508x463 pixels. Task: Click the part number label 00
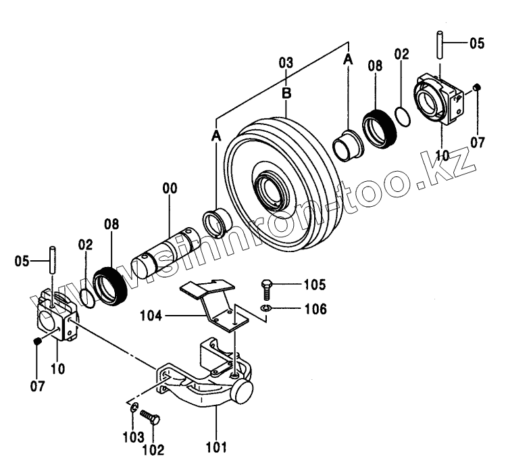(x=169, y=189)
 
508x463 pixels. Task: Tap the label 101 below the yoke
(x=216, y=447)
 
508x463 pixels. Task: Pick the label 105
(x=296, y=283)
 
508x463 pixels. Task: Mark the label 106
(x=296, y=310)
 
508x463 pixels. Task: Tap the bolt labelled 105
(x=267, y=288)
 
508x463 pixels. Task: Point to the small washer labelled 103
(x=134, y=408)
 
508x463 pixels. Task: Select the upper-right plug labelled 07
(x=476, y=87)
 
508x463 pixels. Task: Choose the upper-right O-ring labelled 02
(x=403, y=116)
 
